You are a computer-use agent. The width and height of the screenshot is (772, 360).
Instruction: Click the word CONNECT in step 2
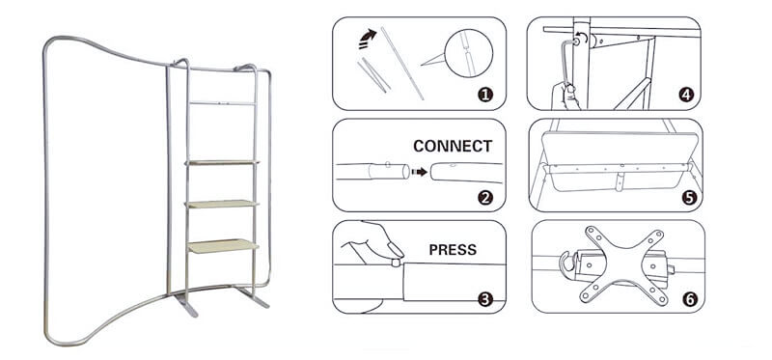(x=453, y=147)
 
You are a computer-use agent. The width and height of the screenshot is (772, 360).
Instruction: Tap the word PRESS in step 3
(x=453, y=250)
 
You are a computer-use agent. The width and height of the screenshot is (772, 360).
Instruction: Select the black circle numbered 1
(x=485, y=94)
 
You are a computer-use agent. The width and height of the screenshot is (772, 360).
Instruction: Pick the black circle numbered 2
(x=485, y=198)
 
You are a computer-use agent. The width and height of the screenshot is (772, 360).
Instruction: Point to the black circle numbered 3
(x=485, y=299)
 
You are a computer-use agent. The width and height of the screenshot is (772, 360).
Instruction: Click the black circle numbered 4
(x=686, y=94)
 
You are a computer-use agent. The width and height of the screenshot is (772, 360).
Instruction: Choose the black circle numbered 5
(x=689, y=198)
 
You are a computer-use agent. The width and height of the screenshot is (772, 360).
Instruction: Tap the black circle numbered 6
(x=689, y=299)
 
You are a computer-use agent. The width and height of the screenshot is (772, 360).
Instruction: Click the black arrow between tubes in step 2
(x=420, y=172)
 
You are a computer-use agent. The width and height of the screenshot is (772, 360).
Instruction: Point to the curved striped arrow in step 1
(x=368, y=39)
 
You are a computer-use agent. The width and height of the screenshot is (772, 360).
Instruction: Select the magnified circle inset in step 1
(x=468, y=53)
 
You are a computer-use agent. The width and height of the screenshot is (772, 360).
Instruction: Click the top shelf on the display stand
(x=222, y=162)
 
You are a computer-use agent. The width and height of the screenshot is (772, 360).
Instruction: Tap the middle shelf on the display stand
(x=222, y=204)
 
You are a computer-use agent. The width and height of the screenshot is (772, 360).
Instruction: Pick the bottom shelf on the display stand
(x=223, y=246)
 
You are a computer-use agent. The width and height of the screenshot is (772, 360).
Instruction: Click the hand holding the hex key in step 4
(x=565, y=97)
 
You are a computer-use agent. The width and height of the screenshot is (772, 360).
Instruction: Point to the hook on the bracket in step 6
(x=567, y=262)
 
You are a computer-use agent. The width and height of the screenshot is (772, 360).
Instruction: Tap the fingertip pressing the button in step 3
(x=396, y=251)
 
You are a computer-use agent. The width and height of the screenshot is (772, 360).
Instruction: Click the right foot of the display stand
(x=252, y=296)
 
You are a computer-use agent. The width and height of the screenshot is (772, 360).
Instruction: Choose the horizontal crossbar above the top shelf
(x=222, y=103)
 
